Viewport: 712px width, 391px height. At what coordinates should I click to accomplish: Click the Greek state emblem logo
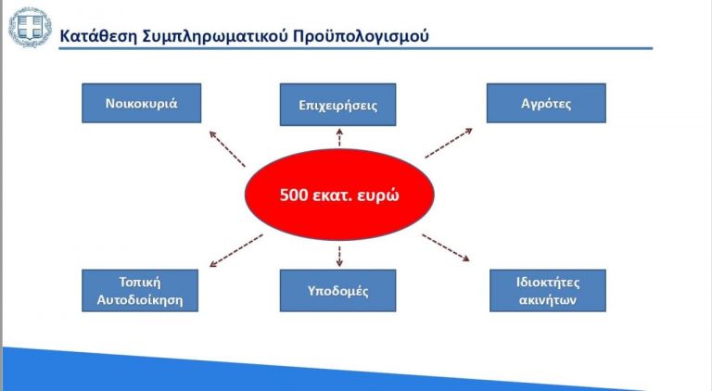coord(30,27)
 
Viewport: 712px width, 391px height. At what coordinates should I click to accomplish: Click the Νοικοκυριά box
coord(140,104)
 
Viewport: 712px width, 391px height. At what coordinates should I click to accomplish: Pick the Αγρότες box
coord(546,104)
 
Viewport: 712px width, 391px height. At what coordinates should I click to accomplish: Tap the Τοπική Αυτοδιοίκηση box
coord(140,290)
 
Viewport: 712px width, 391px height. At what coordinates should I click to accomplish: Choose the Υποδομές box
coord(337,291)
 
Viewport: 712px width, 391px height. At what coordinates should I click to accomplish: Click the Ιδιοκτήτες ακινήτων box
coord(547,290)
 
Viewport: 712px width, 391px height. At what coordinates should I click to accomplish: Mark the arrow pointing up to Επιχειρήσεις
coord(339,138)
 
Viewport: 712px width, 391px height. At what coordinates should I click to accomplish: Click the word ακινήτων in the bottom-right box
coord(547,300)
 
